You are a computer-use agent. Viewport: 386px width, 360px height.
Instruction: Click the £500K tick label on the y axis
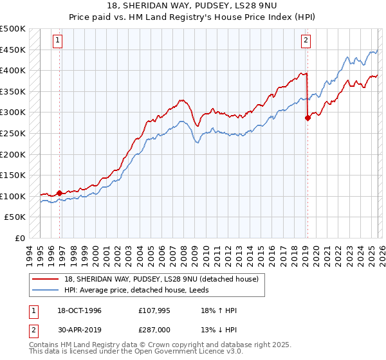tap(13, 29)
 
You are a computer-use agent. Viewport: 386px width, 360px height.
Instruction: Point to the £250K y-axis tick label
tap(13, 133)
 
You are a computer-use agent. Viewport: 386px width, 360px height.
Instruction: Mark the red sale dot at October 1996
tap(59, 192)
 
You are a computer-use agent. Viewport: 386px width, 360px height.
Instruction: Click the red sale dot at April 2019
tap(307, 118)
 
